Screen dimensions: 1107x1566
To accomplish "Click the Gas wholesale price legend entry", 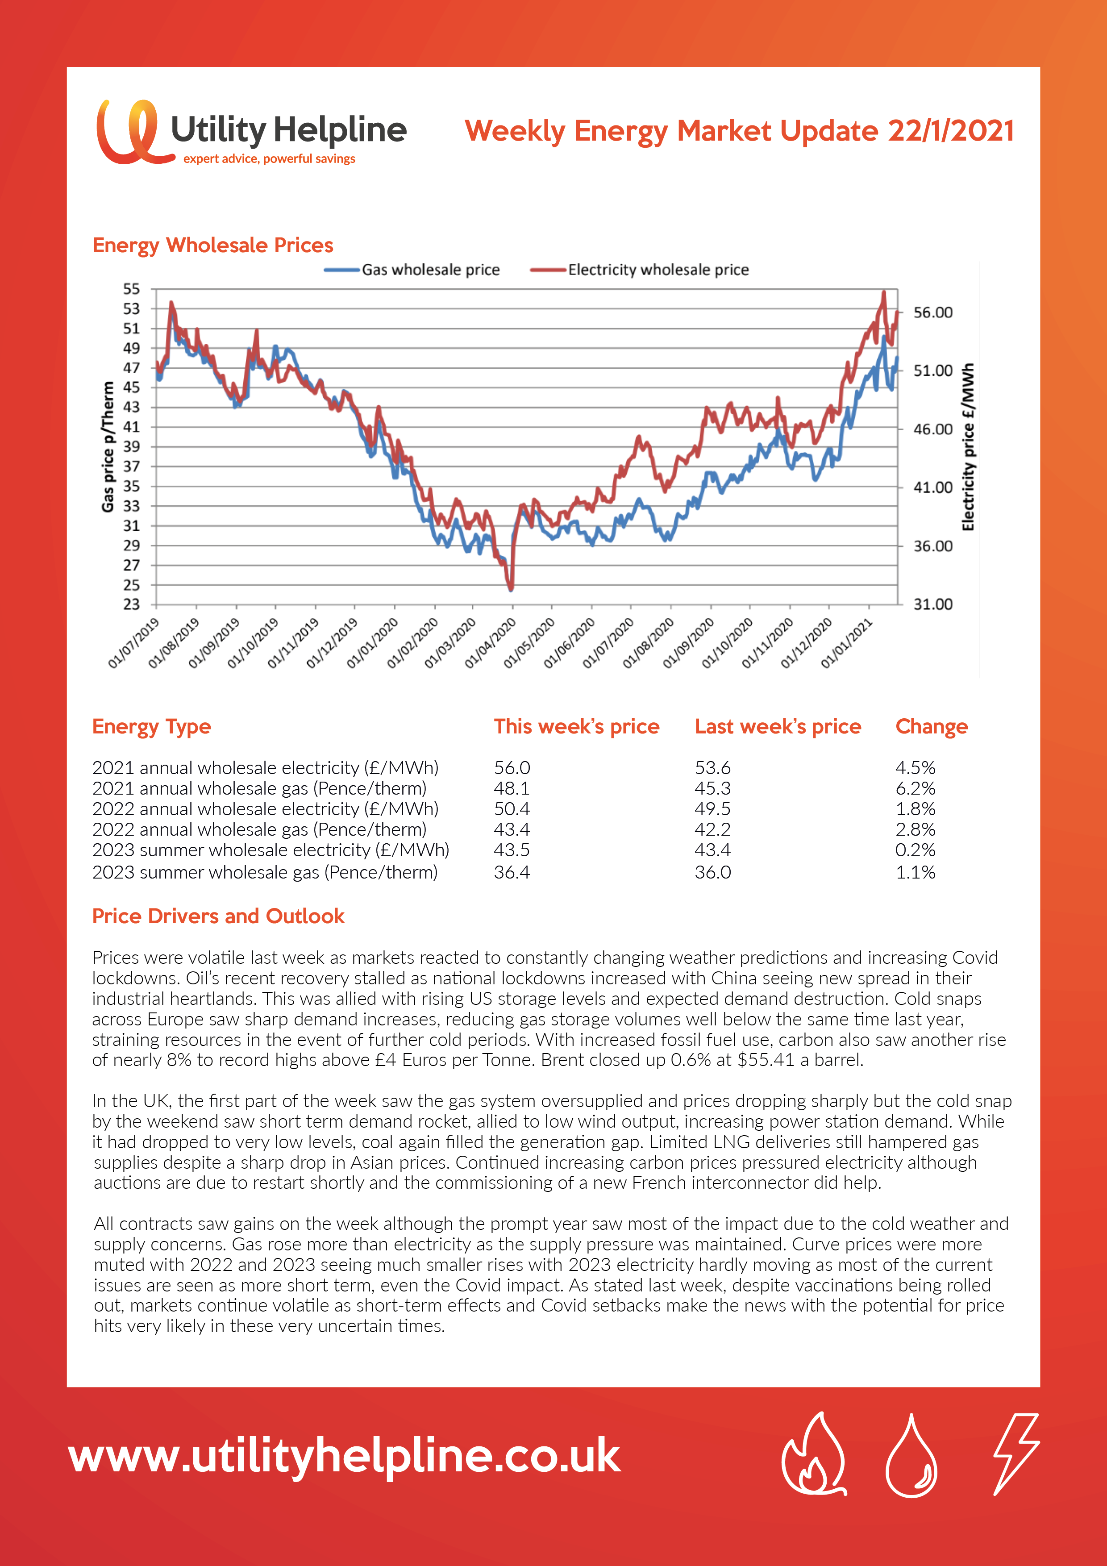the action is (x=412, y=270).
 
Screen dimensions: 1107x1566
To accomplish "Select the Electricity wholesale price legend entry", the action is (x=639, y=270).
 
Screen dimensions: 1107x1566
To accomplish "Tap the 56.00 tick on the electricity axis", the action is (x=933, y=312).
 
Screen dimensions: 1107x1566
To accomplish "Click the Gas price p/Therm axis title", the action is (x=108, y=447).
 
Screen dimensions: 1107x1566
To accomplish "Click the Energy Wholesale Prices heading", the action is (x=213, y=246).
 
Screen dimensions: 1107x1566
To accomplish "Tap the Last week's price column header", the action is (x=778, y=726).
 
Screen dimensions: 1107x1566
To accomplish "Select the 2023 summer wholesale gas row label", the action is (x=265, y=872).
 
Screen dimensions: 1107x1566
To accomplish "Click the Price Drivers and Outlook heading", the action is (x=218, y=916).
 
